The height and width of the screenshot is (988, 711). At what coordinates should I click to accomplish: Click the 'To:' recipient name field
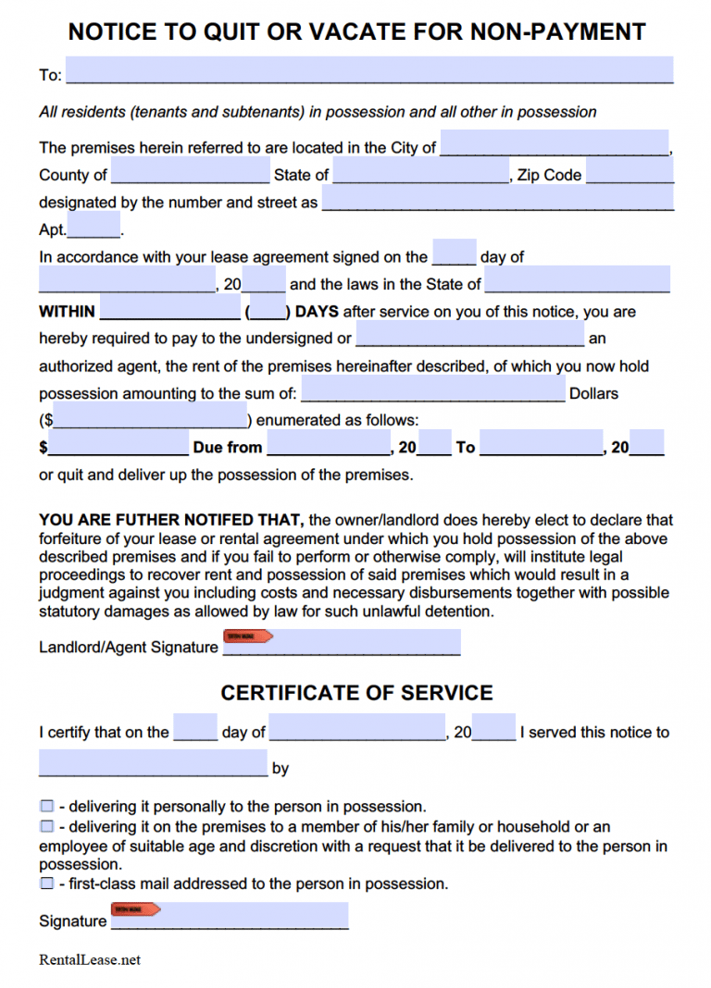point(369,70)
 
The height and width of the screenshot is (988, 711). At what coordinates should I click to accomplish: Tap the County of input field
point(190,171)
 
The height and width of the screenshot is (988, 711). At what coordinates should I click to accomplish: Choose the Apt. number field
point(94,226)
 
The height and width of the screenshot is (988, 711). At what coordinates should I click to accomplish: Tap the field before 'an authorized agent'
point(470,335)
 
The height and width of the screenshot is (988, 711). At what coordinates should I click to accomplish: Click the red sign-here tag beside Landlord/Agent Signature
point(248,636)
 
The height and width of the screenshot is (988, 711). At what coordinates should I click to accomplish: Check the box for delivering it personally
point(46,807)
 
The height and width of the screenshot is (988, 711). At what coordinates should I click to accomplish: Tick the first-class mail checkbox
point(46,883)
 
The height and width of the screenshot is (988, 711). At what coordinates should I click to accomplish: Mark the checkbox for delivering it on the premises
point(46,826)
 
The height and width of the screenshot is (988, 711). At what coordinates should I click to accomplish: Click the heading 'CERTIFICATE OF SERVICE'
point(356,693)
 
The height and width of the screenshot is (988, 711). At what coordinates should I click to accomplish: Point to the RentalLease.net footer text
point(90,959)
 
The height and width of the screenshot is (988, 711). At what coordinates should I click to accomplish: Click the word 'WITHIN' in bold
point(67,312)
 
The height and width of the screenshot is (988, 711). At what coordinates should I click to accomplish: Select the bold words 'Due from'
point(228,448)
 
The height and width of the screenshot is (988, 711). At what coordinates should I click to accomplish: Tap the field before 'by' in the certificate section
point(153,763)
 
